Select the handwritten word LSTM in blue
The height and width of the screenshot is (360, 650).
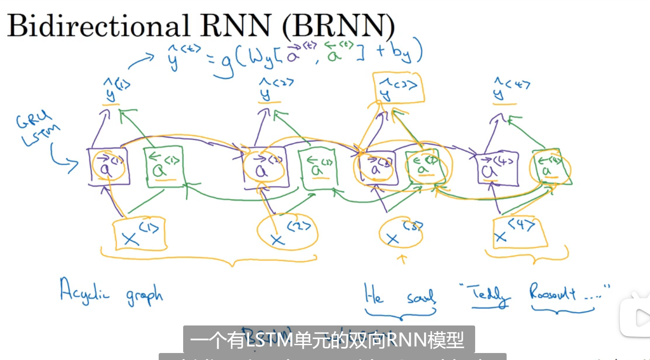41,135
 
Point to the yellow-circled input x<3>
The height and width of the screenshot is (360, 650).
400,233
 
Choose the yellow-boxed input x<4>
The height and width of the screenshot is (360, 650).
520,232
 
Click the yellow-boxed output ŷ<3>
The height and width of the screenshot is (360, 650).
398,88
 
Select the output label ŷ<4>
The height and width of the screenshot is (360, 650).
510,89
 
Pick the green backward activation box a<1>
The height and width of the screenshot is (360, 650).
163,167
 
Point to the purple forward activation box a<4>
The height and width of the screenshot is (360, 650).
497,168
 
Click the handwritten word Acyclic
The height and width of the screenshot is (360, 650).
84,291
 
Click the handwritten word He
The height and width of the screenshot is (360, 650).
374,294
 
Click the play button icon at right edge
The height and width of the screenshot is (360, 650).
640,317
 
